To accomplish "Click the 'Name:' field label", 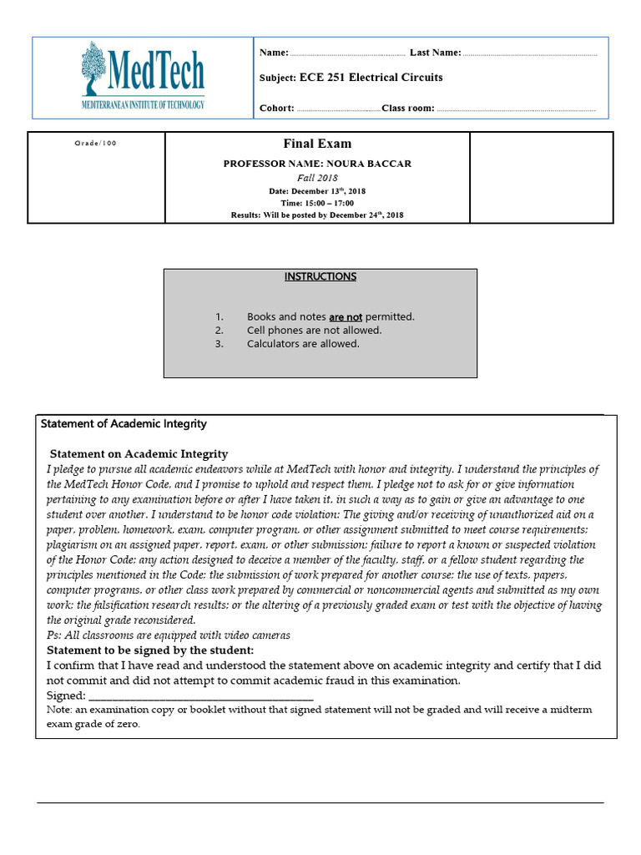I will [x=274, y=53].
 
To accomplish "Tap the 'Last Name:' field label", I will [x=435, y=53].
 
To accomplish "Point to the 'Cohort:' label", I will [x=277, y=108].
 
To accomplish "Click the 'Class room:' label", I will [x=408, y=108].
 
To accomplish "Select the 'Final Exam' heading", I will [x=317, y=144].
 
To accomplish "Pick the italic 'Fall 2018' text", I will [x=317, y=178].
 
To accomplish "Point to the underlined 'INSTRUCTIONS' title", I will [x=320, y=276].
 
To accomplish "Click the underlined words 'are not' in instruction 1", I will [x=346, y=316].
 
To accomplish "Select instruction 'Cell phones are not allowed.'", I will [x=314, y=330].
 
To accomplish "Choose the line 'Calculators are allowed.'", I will [x=303, y=343].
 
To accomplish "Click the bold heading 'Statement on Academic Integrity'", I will [x=139, y=454].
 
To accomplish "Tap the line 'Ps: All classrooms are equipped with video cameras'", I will [x=169, y=635].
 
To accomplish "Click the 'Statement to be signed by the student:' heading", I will [x=150, y=650].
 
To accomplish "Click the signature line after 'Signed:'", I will [x=200, y=696].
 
